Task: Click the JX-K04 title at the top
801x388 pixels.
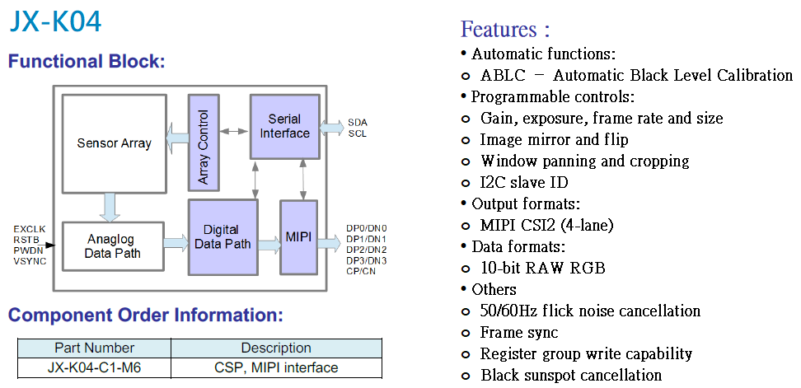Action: pos(55,21)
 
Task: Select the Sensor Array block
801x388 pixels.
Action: pos(114,143)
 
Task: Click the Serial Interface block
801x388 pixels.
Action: pos(284,126)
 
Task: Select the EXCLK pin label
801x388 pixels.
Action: pos(30,228)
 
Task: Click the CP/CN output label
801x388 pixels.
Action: pos(362,271)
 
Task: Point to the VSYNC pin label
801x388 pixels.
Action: pos(30,261)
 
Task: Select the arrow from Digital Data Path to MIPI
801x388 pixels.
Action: pos(269,244)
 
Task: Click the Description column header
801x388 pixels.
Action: pos(276,348)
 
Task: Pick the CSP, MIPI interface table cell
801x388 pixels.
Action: pos(276,367)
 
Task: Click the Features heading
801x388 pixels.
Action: pos(505,30)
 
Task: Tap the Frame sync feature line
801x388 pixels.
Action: pos(519,333)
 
